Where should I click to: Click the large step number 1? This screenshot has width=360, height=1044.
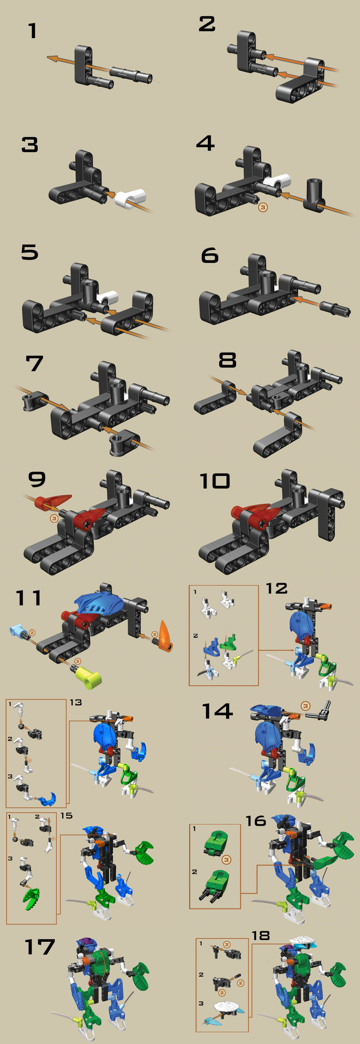[32, 31]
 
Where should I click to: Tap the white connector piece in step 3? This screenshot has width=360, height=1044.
[130, 198]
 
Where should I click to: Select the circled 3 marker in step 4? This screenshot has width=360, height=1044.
[263, 207]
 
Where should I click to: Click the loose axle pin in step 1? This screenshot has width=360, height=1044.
[131, 75]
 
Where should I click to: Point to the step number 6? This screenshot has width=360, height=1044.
[210, 256]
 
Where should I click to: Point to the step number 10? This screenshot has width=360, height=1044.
[215, 481]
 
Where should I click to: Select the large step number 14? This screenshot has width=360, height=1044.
[218, 711]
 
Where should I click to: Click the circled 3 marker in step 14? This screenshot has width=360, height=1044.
[306, 706]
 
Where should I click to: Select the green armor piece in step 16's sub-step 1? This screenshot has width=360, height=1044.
[216, 843]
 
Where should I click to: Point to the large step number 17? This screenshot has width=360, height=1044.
[39, 947]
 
